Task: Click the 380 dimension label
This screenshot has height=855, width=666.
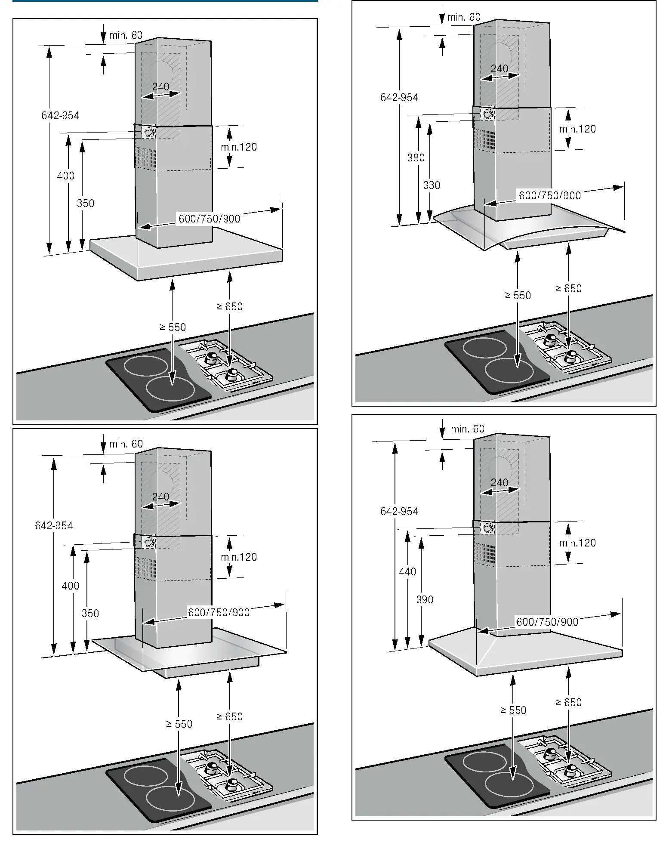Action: tap(416, 158)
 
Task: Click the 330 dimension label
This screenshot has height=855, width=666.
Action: tap(432, 185)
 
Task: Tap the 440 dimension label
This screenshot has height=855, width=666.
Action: tap(407, 572)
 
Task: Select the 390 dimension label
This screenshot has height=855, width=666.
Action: tap(424, 599)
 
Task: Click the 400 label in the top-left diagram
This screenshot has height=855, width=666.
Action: tap(65, 176)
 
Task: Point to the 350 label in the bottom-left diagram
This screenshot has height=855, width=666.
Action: tap(90, 613)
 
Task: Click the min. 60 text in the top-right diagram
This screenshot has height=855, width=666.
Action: tap(464, 17)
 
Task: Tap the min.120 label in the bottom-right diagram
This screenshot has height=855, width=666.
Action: tap(577, 543)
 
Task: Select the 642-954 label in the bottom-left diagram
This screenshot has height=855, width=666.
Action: tap(54, 525)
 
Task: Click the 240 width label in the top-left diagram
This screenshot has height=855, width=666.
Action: tap(160, 86)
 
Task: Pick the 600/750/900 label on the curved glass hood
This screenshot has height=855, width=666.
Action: tap(549, 196)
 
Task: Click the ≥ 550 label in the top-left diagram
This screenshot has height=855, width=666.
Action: tap(173, 327)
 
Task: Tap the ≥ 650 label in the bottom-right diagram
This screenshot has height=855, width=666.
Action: tap(568, 703)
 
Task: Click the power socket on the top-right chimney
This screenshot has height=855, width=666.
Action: tap(488, 114)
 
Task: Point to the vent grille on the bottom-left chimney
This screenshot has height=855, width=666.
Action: tap(145, 567)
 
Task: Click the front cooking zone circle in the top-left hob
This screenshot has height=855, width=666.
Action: tap(170, 388)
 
